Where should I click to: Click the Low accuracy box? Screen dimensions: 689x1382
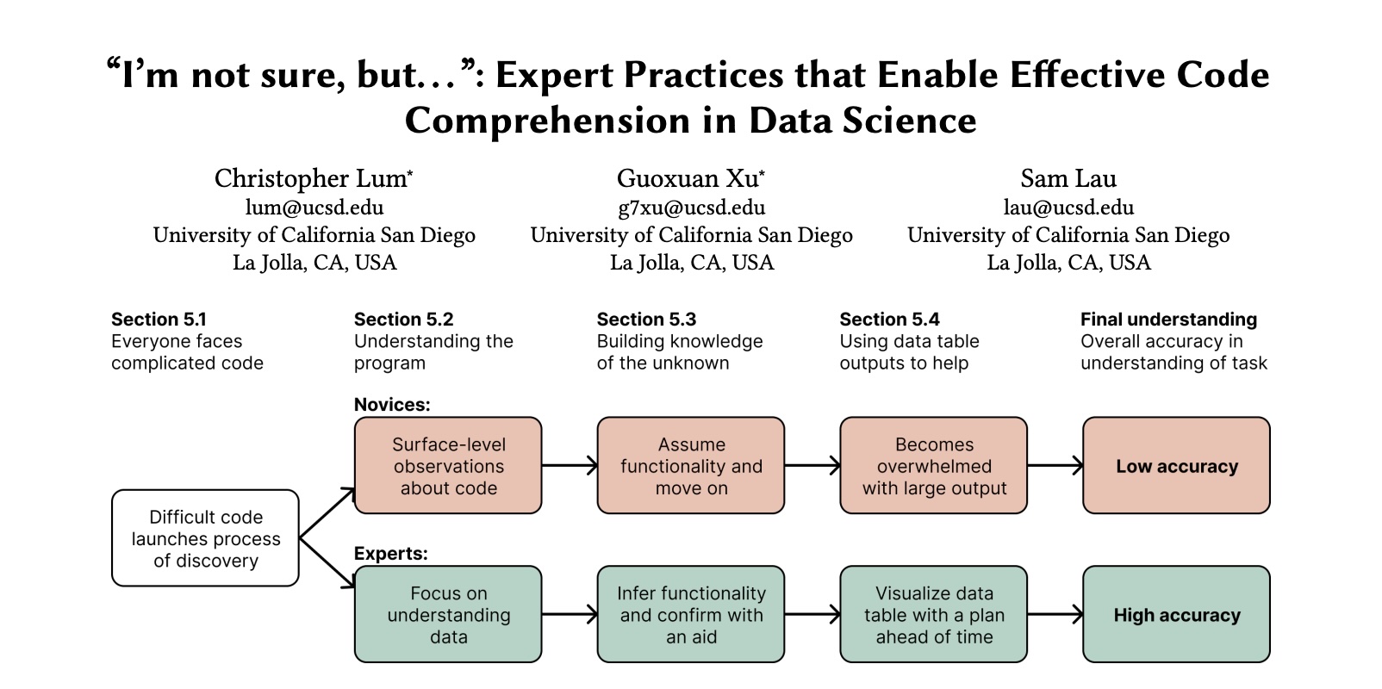[1176, 466]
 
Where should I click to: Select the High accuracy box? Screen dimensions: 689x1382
[1176, 615]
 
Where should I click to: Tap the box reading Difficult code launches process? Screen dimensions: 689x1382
[205, 538]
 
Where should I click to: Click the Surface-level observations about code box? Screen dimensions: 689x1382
[448, 466]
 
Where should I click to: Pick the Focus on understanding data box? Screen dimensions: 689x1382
[448, 615]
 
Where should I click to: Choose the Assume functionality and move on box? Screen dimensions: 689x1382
[691, 466]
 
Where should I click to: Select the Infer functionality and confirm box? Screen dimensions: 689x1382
[691, 615]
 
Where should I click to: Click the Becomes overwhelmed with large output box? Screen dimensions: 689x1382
[934, 466]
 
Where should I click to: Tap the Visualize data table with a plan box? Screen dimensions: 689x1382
[934, 615]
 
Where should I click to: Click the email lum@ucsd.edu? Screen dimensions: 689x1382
[314, 208]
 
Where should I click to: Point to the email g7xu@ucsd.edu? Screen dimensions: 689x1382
[691, 208]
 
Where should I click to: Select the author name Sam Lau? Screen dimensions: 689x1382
[1068, 178]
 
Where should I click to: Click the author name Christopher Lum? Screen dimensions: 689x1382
[312, 178]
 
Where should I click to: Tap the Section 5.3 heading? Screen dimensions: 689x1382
[646, 320]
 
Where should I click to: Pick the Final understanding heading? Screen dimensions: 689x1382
[1168, 320]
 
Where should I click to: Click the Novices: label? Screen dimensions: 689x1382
[392, 405]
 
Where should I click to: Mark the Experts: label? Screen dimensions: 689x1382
[390, 554]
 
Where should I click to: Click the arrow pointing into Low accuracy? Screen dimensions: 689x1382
[1055, 466]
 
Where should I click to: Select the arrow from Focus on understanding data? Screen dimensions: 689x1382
[569, 615]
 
